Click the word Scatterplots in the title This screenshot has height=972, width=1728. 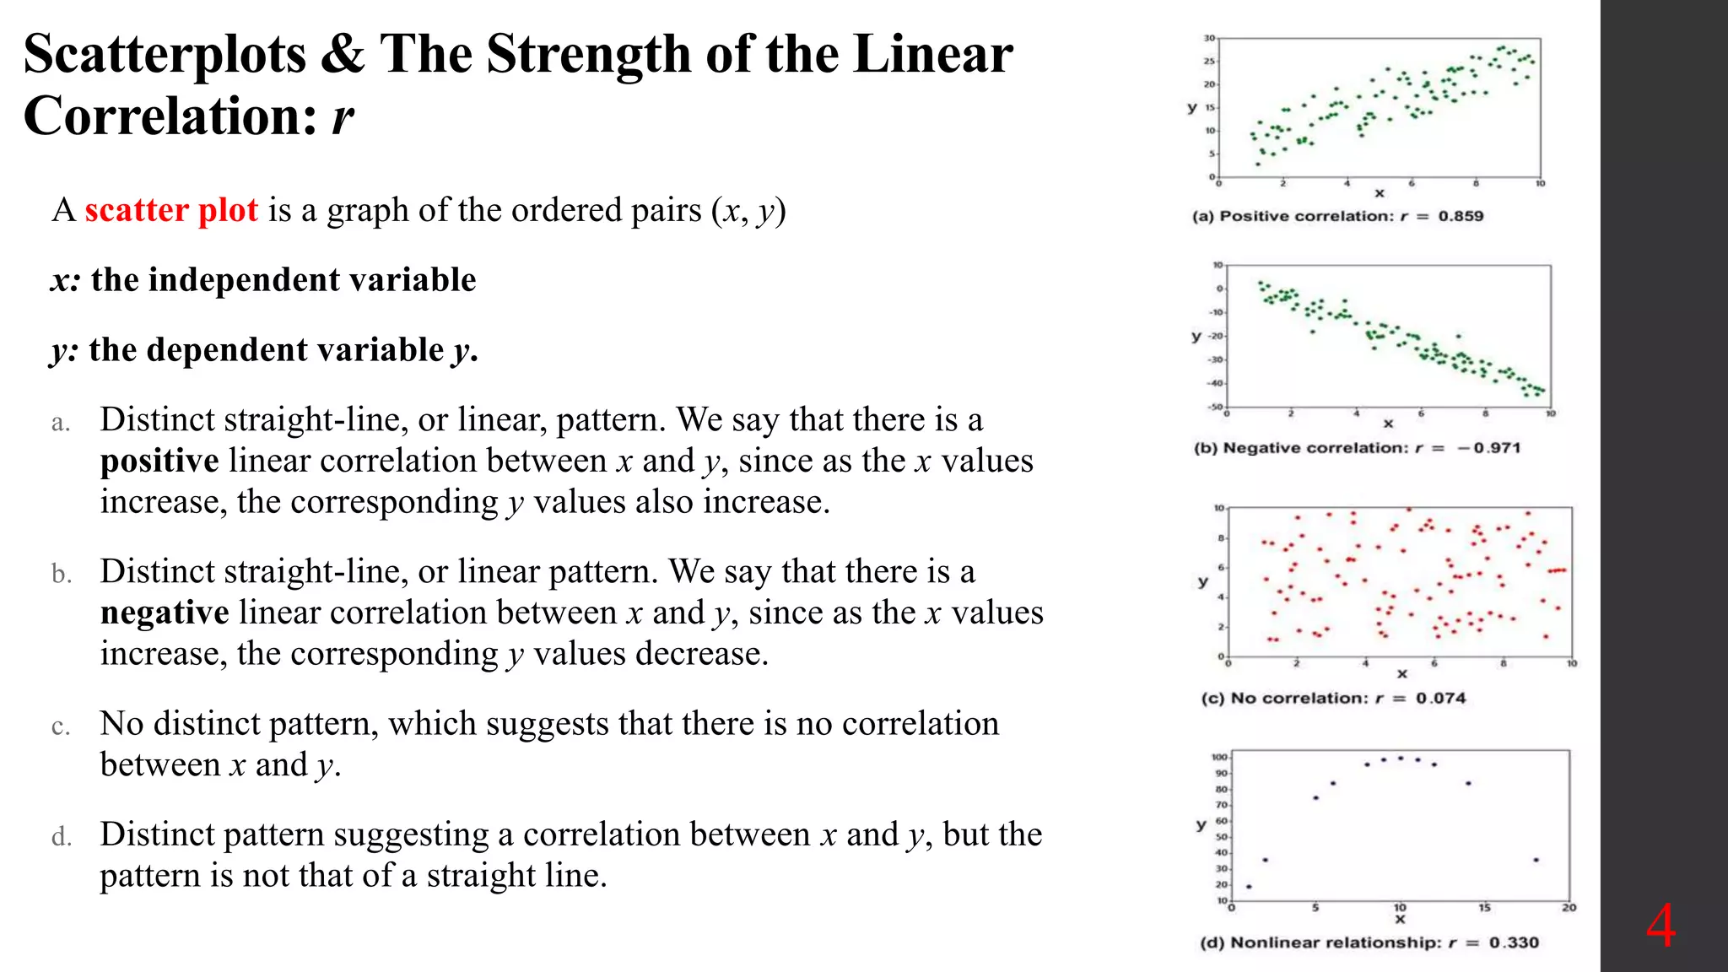coord(165,55)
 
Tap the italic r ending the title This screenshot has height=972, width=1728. coord(342,116)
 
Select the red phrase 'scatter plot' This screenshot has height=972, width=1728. coord(170,210)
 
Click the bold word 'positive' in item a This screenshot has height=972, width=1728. coord(159,461)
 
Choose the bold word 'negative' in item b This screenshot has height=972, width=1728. coord(165,613)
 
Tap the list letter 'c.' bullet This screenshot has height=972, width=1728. coord(61,726)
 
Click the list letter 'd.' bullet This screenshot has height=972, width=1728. coord(61,837)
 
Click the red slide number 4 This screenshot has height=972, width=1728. coord(1660,926)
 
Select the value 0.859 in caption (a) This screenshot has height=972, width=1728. coord(1461,216)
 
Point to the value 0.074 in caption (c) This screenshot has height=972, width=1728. coord(1440,699)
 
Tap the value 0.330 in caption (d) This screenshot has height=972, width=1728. coord(1514,942)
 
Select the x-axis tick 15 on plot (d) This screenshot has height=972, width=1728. coord(1484,908)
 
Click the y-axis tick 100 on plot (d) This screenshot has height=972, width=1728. coord(1219,757)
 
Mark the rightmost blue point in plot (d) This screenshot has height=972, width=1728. coord(1536,860)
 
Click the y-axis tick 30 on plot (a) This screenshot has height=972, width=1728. coord(1209,38)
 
